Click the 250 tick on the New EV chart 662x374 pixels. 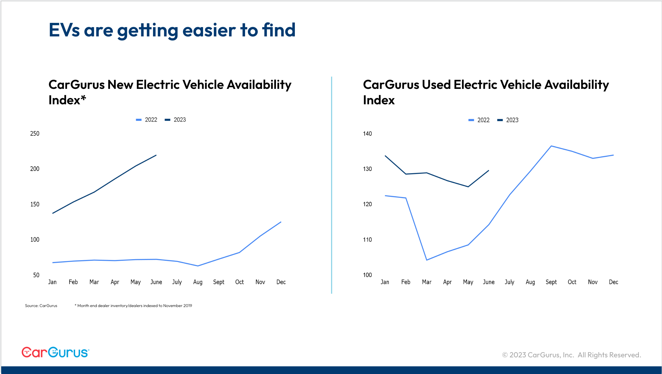tap(35, 134)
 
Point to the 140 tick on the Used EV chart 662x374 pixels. tap(367, 134)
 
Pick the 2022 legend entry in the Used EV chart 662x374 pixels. tap(479, 120)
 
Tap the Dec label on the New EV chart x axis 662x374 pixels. tap(281, 282)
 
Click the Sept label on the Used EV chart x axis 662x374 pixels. tap(551, 282)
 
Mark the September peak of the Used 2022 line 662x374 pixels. tap(551, 146)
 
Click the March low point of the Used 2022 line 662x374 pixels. tap(426, 260)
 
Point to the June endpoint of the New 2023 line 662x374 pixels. tap(156, 155)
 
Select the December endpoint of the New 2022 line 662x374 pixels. tap(281, 222)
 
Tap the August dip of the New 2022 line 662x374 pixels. tap(198, 266)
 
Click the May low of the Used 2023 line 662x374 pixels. tap(468, 187)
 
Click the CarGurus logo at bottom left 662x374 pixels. tap(55, 352)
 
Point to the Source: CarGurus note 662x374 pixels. tap(41, 306)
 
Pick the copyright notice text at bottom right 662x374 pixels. tap(571, 355)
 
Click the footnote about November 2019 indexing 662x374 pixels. tap(133, 306)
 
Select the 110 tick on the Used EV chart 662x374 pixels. tap(367, 240)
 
